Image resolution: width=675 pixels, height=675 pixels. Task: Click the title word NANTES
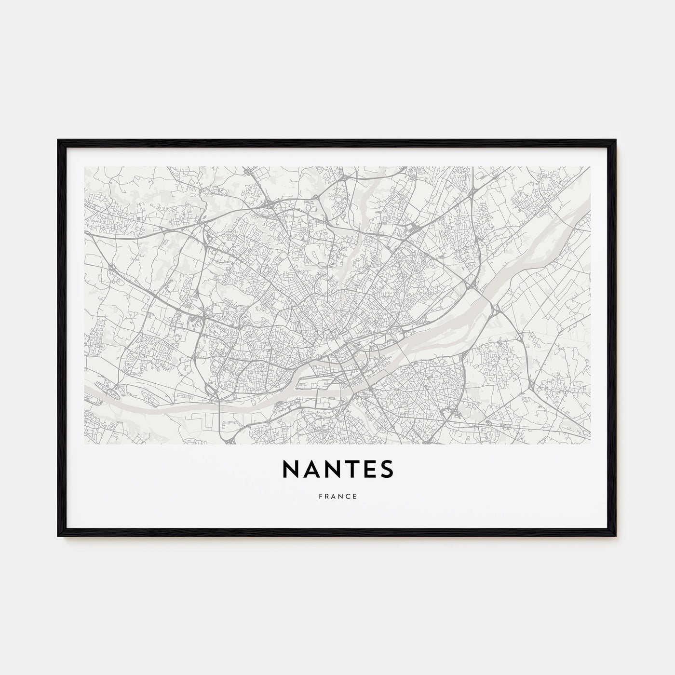337,469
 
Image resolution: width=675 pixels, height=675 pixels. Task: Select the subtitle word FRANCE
337,496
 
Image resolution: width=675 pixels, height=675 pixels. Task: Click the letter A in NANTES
309,469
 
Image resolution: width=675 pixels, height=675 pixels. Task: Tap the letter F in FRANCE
320,496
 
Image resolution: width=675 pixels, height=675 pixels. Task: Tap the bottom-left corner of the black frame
58,536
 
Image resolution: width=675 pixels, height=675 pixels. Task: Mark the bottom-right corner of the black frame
616,536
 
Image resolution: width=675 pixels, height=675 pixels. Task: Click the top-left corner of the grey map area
84,167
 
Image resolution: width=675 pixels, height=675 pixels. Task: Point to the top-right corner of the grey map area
590,167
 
